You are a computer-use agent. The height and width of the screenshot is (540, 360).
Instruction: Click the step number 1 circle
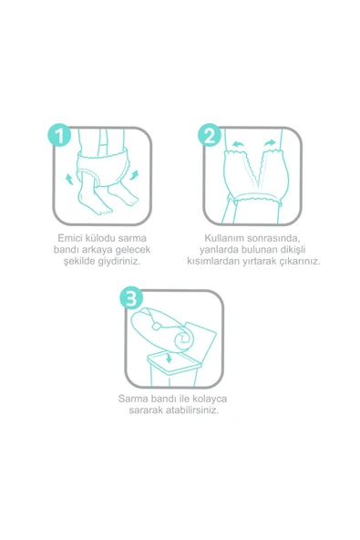pos(59,135)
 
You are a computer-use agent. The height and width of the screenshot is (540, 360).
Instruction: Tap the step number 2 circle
pos(210,135)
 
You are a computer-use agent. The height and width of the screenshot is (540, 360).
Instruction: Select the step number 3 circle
pos(131,298)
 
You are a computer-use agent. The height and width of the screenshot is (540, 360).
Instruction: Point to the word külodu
pos(100,238)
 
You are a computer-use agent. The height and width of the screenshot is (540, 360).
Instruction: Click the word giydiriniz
pos(119,261)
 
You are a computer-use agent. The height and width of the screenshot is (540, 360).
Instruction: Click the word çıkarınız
pos(299,262)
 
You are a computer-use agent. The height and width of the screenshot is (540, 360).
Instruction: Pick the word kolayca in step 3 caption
pos(210,399)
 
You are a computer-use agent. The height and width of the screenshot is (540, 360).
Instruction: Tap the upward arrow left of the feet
pos(69,179)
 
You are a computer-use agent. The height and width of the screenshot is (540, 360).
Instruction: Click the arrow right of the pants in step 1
pos(134,174)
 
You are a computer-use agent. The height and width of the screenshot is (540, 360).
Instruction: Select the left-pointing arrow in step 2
pos(238,143)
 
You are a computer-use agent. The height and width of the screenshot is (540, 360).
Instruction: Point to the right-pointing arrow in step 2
pos(271,142)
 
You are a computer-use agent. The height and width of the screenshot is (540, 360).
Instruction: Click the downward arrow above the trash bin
pos(169,358)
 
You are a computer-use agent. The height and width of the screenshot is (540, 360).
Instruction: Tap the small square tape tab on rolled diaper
pos(157,326)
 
